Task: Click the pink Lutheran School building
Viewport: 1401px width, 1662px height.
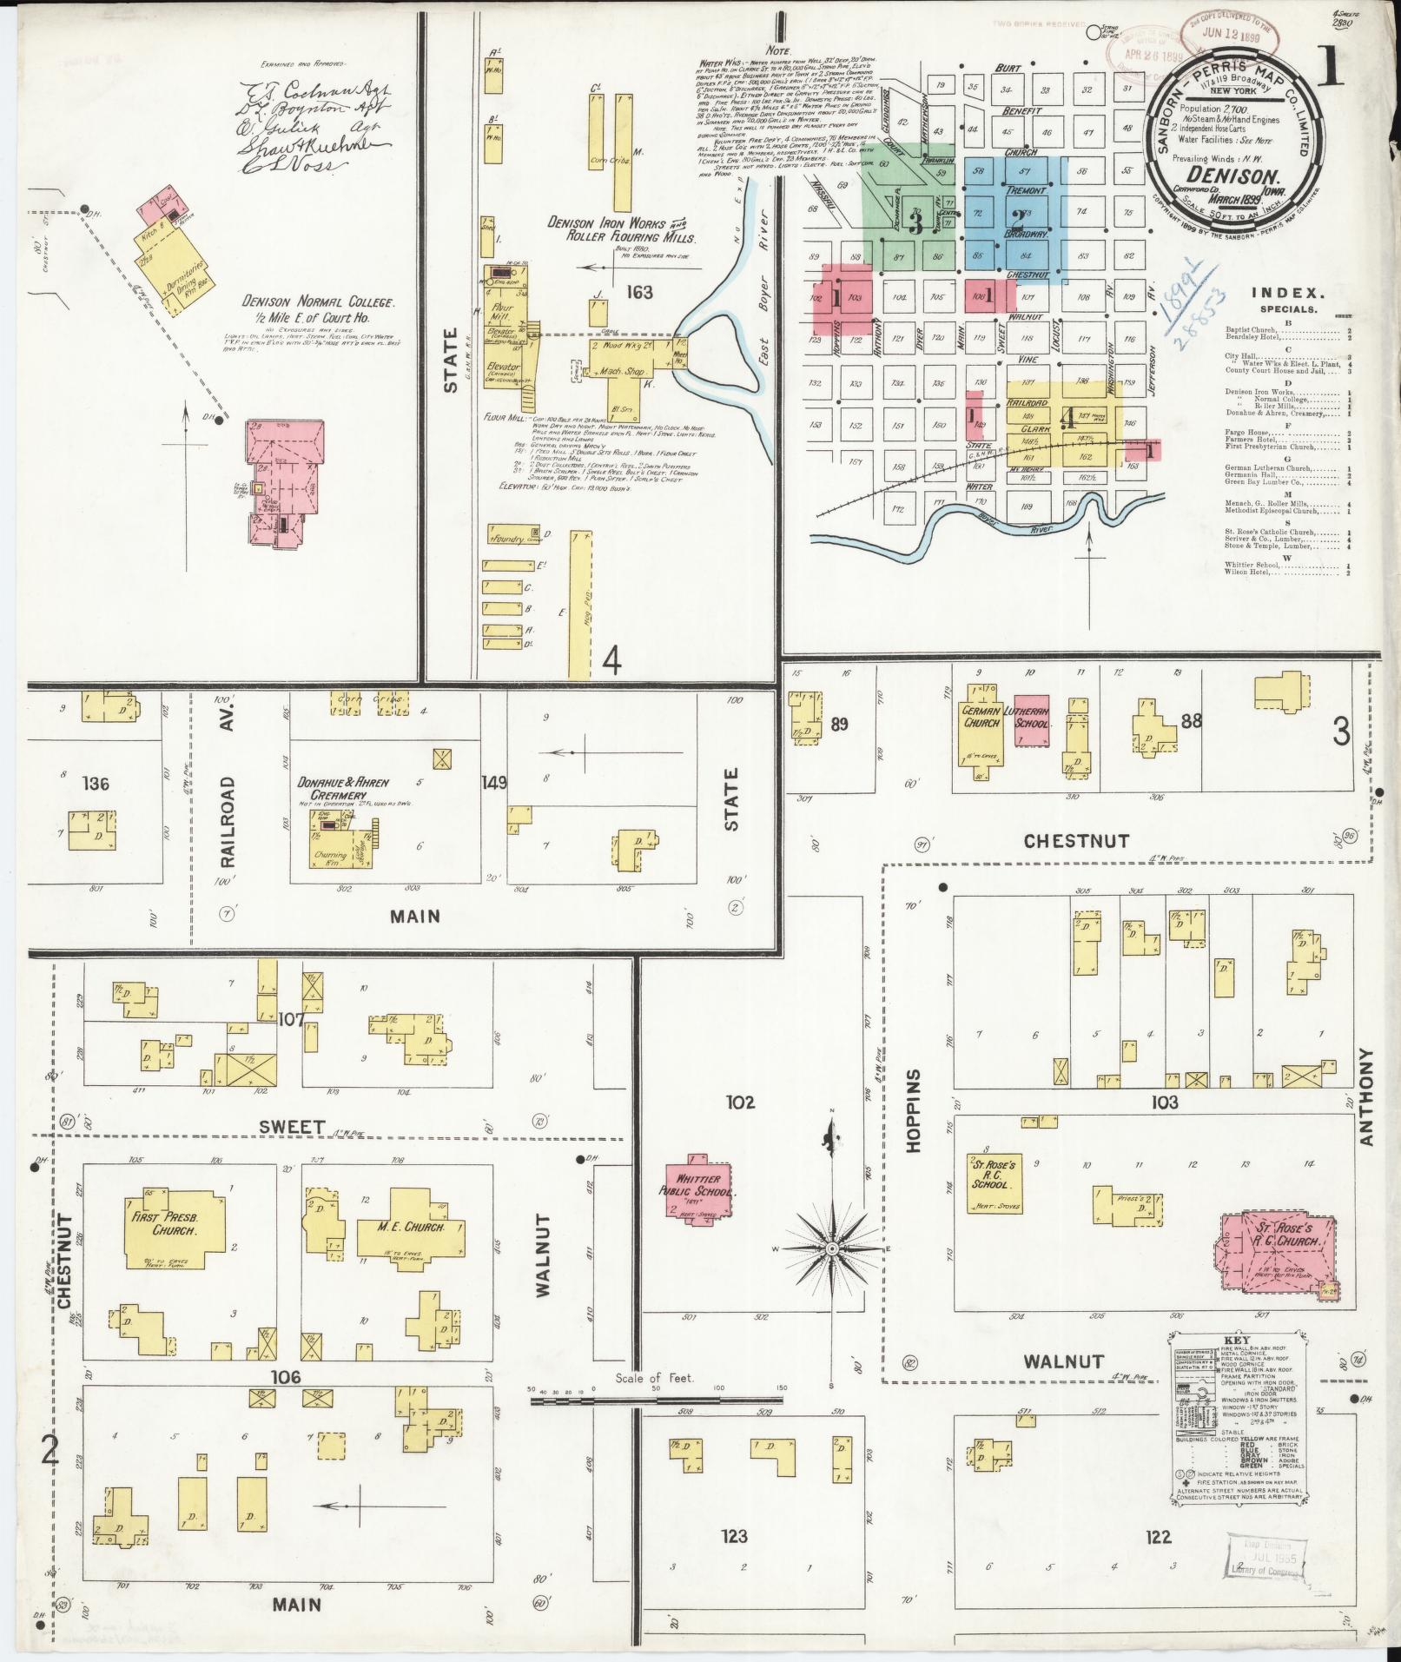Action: click(x=1032, y=721)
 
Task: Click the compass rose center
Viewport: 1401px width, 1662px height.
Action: click(x=832, y=1248)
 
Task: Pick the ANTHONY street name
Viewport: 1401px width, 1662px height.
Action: click(x=1366, y=1096)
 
